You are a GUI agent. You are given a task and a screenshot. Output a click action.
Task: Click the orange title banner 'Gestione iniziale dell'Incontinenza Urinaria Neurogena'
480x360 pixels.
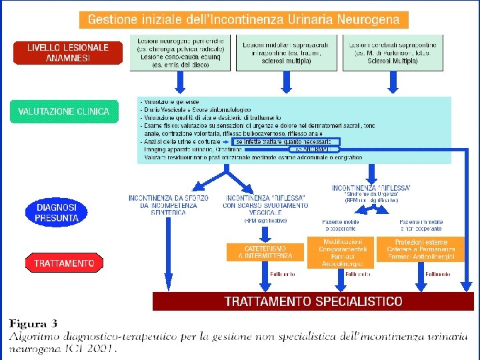pyautogui.click(x=243, y=19)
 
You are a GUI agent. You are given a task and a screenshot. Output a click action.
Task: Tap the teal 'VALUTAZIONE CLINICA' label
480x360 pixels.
pyautogui.click(x=64, y=111)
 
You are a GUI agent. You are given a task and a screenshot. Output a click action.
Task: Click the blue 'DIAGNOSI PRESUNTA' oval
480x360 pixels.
pyautogui.click(x=57, y=213)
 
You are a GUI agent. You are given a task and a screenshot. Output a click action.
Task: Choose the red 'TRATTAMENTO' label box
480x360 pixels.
pyautogui.click(x=64, y=263)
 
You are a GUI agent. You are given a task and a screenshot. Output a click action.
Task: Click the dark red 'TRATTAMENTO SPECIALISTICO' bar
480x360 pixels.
pyautogui.click(x=313, y=301)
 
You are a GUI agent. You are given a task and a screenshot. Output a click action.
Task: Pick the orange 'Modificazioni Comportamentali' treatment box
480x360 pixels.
pyautogui.click(x=339, y=251)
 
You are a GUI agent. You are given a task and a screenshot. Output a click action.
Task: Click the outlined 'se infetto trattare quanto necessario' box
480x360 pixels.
pyautogui.click(x=287, y=141)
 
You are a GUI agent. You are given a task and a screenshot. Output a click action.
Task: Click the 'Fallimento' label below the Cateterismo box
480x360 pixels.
pyautogui.click(x=283, y=274)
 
